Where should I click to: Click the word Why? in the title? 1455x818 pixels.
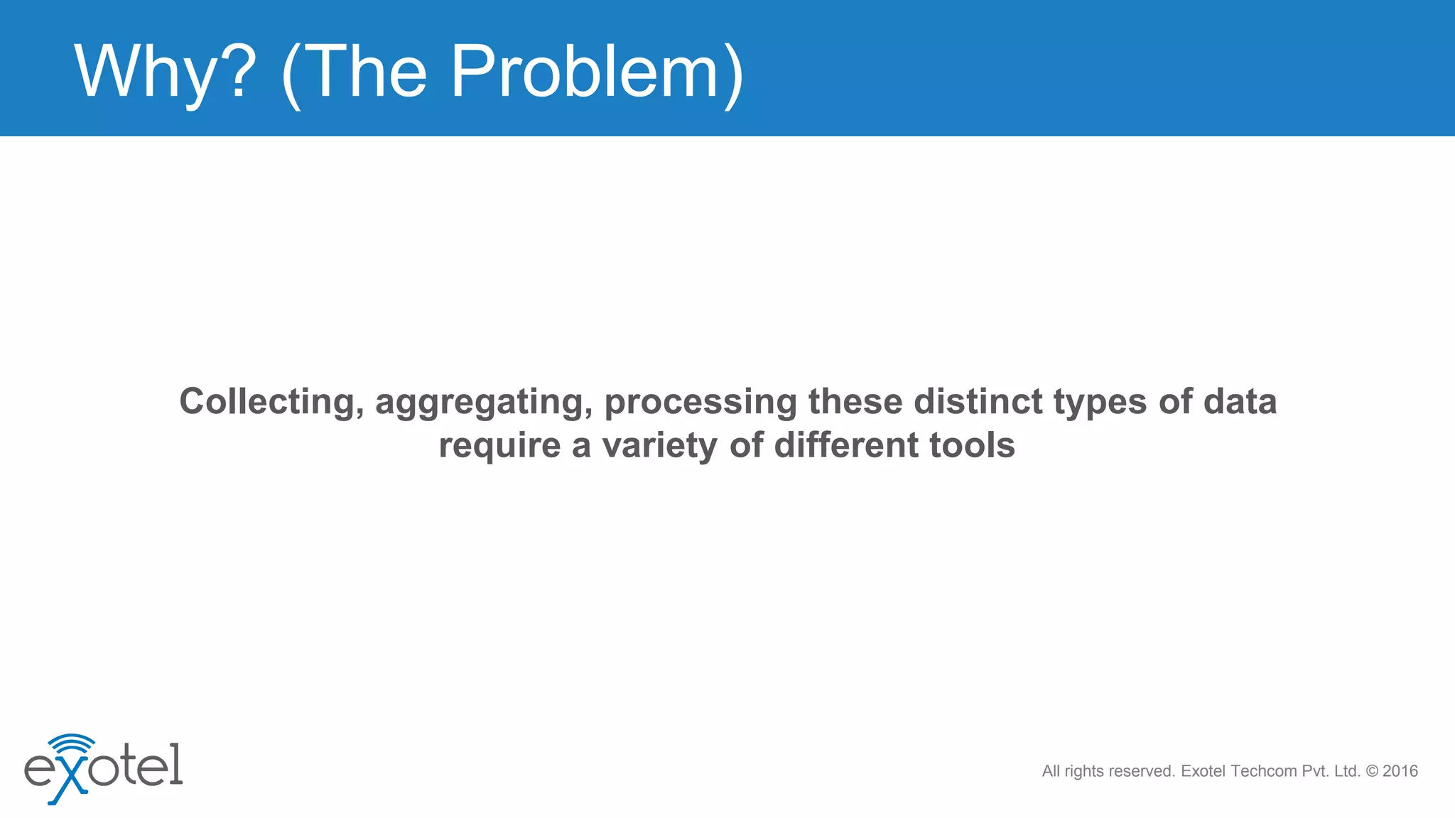point(165,72)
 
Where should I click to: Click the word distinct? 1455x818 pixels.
point(978,402)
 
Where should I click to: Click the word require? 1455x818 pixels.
point(499,447)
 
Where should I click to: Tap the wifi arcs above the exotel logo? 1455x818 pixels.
point(72,744)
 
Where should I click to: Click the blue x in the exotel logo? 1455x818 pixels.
point(69,782)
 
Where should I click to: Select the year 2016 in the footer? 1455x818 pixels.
point(1400,771)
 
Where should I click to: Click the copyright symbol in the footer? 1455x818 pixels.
point(1372,771)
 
